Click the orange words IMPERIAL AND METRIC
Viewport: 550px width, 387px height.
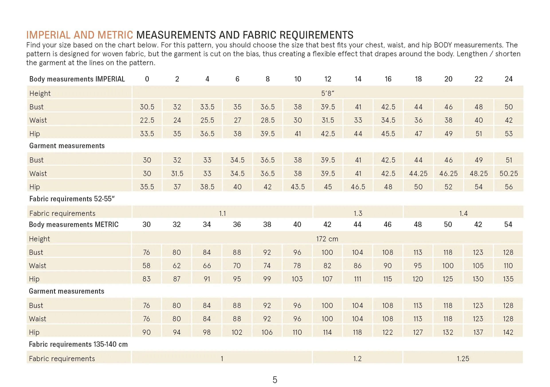(x=79, y=35)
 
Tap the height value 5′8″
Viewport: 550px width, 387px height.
(x=327, y=93)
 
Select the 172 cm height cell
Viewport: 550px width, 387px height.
(x=327, y=239)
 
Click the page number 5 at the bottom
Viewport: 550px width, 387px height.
(x=275, y=380)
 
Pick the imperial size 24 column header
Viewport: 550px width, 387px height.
(x=509, y=79)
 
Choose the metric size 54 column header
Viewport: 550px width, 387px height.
(x=508, y=225)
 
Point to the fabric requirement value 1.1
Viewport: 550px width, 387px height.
(x=222, y=213)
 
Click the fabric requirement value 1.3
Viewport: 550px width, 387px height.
(x=358, y=213)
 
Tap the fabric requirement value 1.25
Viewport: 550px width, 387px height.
(x=463, y=358)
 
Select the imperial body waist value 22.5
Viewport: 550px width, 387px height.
(x=147, y=120)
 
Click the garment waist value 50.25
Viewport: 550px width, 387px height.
(x=509, y=173)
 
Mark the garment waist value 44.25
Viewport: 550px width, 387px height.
(x=418, y=173)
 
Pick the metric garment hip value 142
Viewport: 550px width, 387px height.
(x=508, y=332)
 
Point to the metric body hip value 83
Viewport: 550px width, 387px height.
(x=147, y=279)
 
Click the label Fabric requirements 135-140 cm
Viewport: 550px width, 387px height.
(x=78, y=344)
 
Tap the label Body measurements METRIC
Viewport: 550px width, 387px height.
(x=74, y=225)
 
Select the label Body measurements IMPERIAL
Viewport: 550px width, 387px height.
(x=77, y=79)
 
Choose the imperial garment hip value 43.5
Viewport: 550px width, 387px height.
(x=298, y=187)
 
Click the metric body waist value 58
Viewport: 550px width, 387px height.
(x=147, y=265)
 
